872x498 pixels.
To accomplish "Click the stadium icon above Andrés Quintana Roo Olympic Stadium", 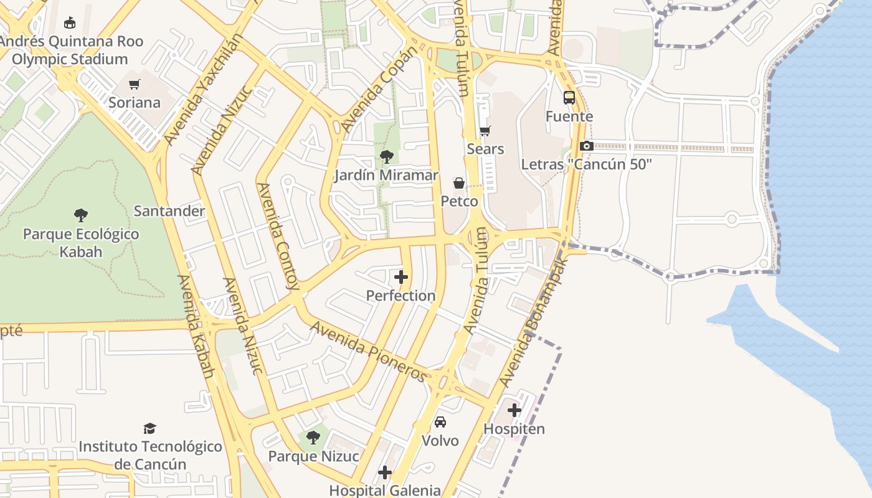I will click(x=69, y=23).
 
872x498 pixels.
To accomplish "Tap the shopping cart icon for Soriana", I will click(x=135, y=84).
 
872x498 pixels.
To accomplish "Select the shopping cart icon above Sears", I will click(x=485, y=131).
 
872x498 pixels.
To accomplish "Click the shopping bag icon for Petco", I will click(x=459, y=183).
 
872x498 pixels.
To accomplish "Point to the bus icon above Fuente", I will click(x=569, y=98).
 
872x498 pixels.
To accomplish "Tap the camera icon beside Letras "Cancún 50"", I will click(x=586, y=146).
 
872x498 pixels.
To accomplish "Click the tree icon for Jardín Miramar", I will click(x=386, y=157).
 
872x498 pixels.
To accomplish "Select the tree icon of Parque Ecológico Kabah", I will click(x=80, y=216).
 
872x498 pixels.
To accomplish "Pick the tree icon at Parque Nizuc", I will click(x=313, y=438).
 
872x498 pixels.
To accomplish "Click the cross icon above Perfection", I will click(x=401, y=277).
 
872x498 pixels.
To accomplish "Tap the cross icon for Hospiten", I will click(x=514, y=410).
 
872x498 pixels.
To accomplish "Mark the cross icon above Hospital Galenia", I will click(x=385, y=472).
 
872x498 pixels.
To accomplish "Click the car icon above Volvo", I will click(x=440, y=422).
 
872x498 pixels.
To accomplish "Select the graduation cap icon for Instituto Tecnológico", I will click(x=149, y=428).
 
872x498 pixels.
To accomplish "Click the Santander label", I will click(x=169, y=211).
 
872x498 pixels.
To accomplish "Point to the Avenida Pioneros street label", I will click(x=369, y=351).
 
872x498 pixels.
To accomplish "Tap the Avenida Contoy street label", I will click(x=278, y=237).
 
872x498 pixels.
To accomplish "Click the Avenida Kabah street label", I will click(x=196, y=327).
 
